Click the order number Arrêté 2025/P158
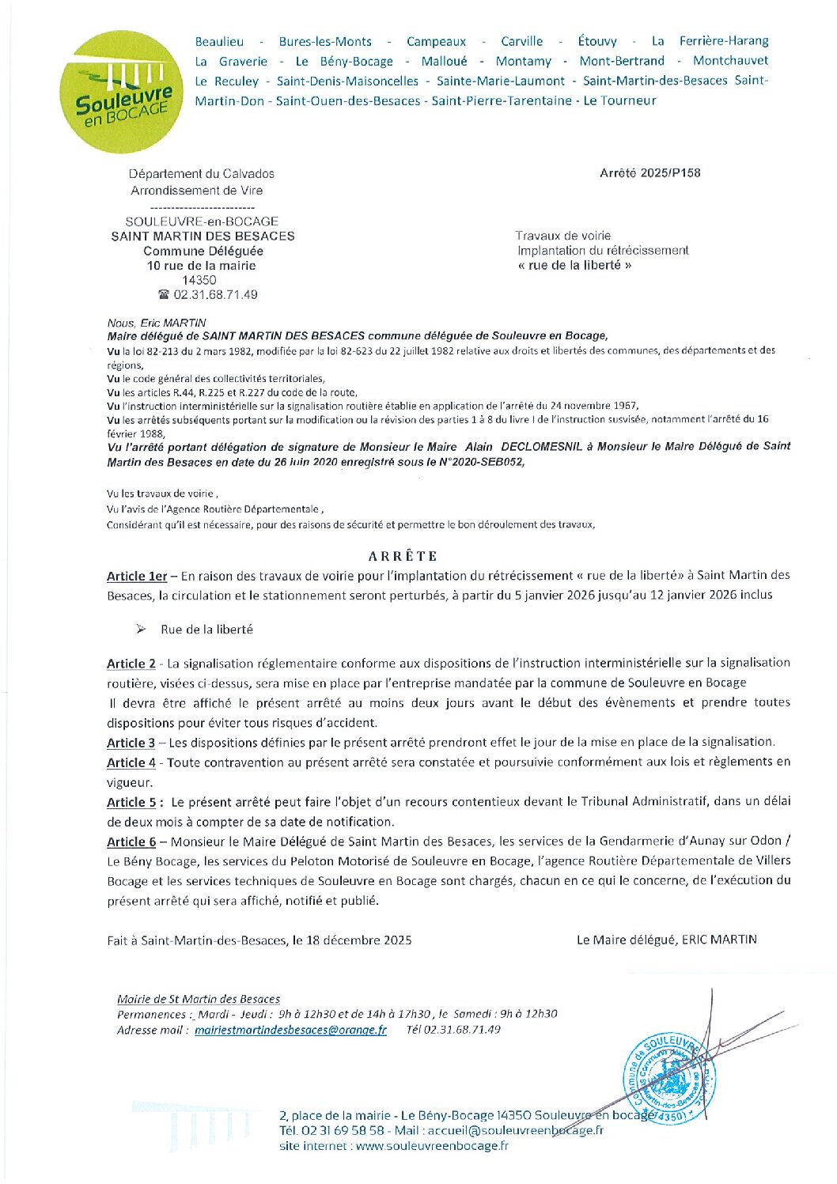[650, 173]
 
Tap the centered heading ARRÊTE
[403, 556]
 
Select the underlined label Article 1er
[137, 577]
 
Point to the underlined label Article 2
[131, 664]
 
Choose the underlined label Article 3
[131, 743]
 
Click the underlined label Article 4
[131, 762]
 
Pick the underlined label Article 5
[131, 802]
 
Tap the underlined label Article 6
[131, 842]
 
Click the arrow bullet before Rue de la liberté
[141, 630]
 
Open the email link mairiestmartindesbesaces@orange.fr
[290, 1030]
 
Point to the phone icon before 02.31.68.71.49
[164, 295]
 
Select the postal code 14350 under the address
[199, 280]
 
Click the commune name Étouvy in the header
[597, 41]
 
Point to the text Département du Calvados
[202, 174]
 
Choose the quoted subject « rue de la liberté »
[574, 266]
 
